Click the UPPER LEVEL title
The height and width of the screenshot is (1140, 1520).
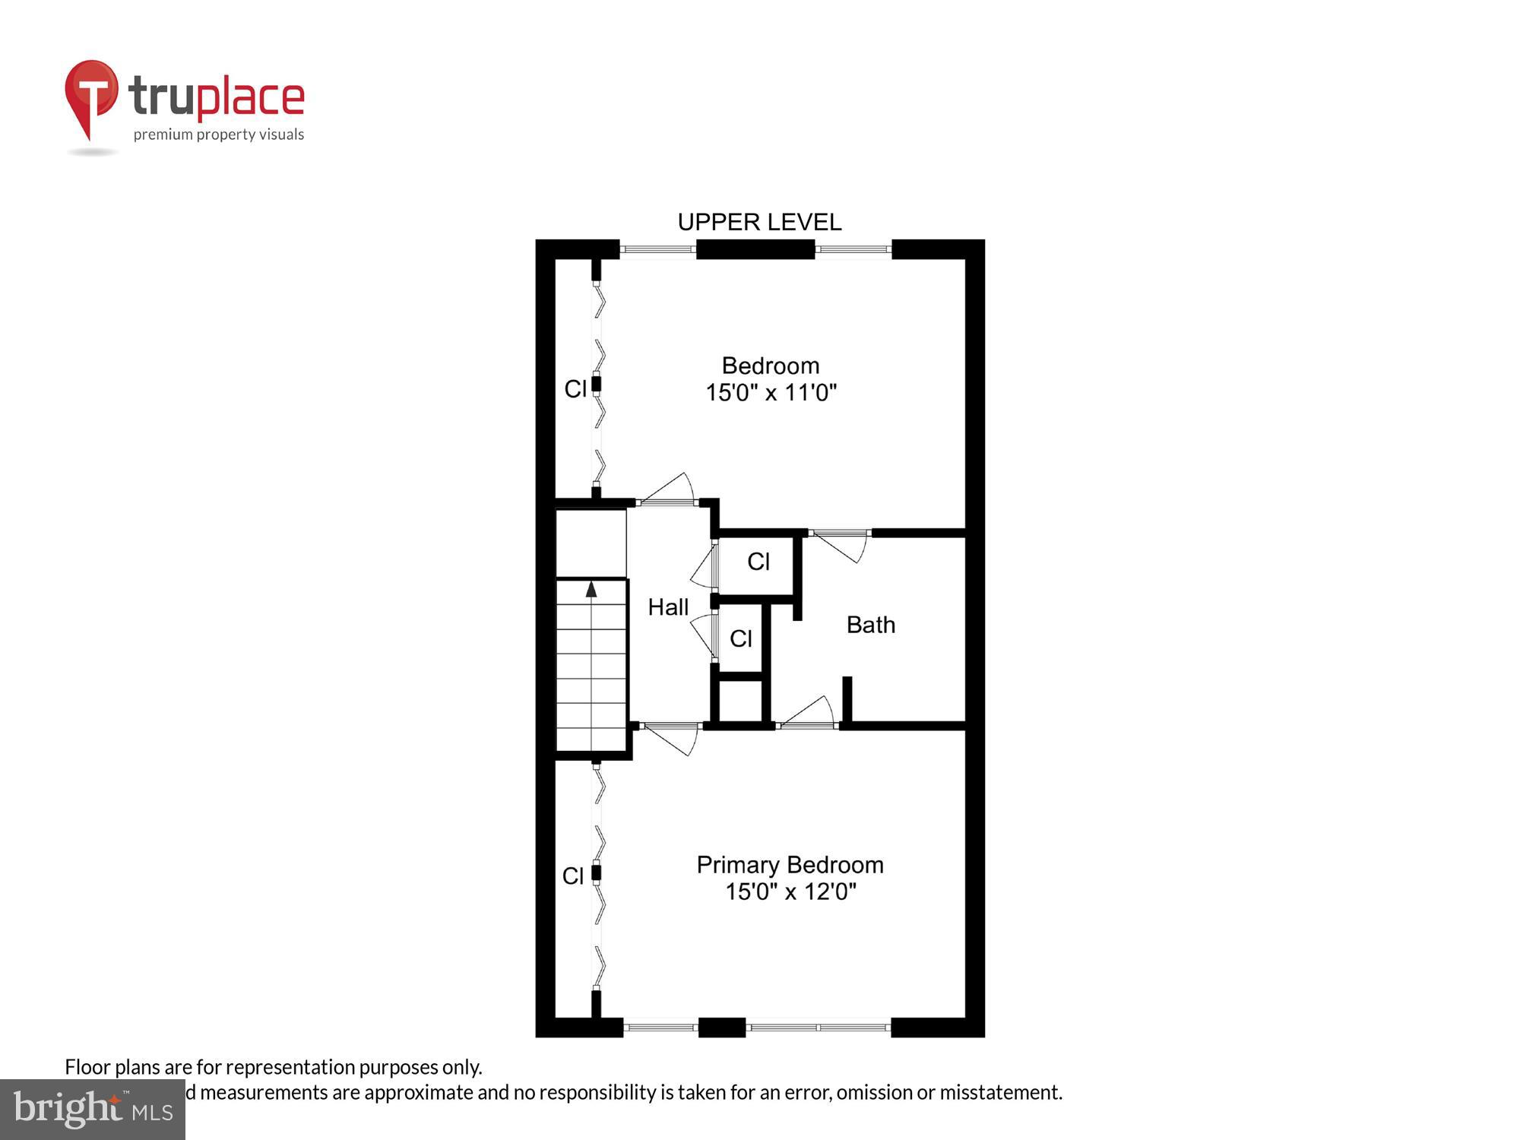759,222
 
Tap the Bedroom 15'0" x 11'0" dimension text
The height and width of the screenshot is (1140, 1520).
771,393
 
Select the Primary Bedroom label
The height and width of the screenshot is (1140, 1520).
790,865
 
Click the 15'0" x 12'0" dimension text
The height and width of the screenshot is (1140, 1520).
790,891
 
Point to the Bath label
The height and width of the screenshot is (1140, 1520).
870,625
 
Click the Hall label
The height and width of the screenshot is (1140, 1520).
668,607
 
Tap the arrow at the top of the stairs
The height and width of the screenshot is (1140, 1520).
591,589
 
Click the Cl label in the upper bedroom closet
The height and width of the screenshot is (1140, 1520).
575,389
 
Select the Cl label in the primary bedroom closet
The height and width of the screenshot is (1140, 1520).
573,876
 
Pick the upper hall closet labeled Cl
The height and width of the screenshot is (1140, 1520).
758,562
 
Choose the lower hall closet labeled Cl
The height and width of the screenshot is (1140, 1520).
741,638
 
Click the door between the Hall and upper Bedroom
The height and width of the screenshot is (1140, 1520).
667,490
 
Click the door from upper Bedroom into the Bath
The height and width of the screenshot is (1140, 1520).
840,543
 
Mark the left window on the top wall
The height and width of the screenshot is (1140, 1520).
658,249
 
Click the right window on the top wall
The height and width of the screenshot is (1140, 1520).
853,249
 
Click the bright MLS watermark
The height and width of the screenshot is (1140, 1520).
93,1110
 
